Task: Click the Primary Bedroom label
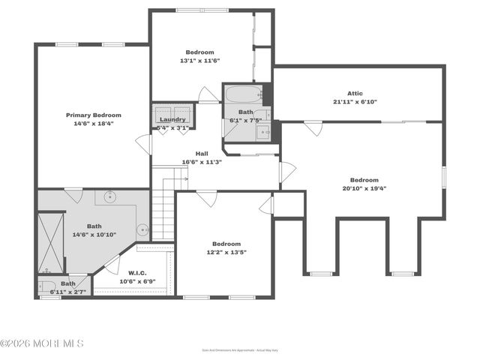click(94, 115)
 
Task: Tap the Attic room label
click(355, 94)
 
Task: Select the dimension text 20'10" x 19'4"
click(364, 189)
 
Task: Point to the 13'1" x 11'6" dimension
click(200, 61)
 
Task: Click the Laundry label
click(172, 119)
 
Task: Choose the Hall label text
click(202, 154)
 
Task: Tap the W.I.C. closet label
click(136, 272)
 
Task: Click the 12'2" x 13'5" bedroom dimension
click(226, 253)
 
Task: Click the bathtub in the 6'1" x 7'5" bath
click(241, 95)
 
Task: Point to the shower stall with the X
click(52, 241)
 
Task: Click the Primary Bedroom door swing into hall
click(142, 143)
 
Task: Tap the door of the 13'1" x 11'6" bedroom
click(208, 95)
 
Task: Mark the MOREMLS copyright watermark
click(42, 343)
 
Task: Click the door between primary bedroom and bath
click(73, 194)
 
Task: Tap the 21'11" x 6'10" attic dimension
click(355, 102)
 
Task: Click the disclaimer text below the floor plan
click(239, 349)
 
